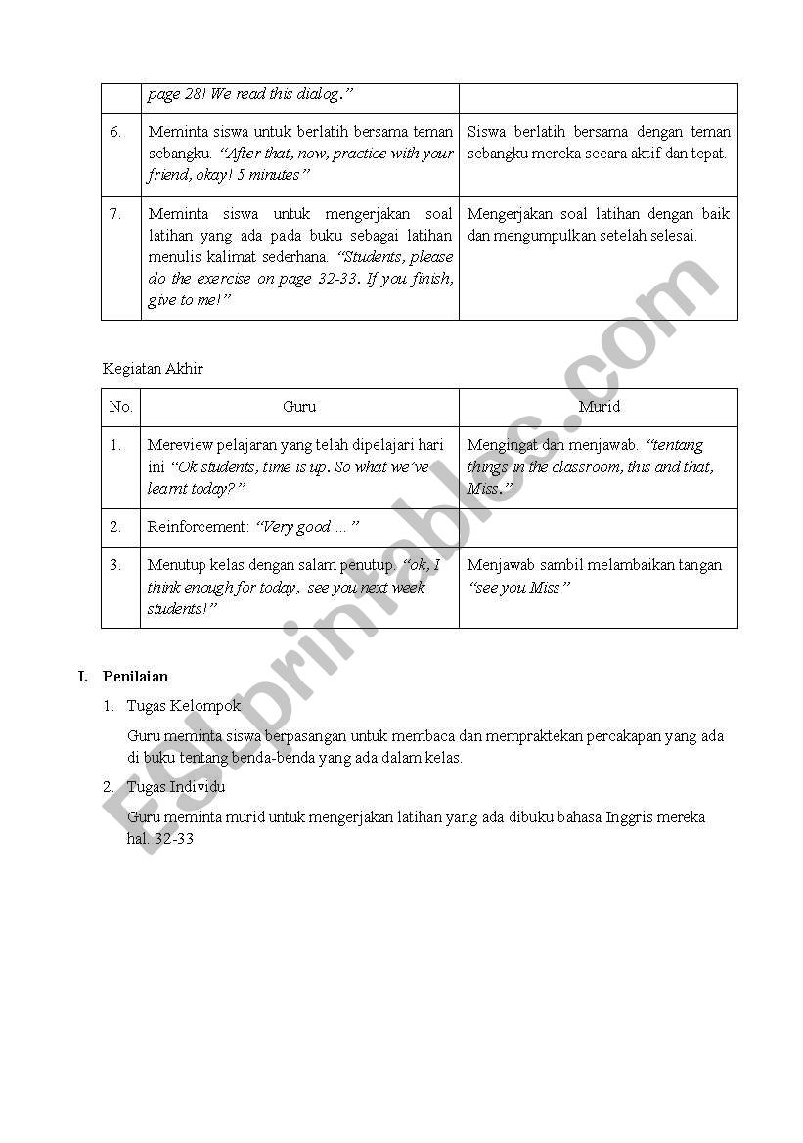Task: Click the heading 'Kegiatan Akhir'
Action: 153,369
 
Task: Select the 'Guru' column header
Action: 299,407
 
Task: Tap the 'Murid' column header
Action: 599,407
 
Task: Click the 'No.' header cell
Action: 120,407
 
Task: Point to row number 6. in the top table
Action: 115,132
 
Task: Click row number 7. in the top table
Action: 115,214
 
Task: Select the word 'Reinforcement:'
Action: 199,527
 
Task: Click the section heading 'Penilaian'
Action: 135,676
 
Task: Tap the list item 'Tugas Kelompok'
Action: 183,705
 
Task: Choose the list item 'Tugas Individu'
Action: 176,787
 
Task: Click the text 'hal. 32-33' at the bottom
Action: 160,839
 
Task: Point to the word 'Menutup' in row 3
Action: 174,565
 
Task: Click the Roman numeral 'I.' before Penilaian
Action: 84,676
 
